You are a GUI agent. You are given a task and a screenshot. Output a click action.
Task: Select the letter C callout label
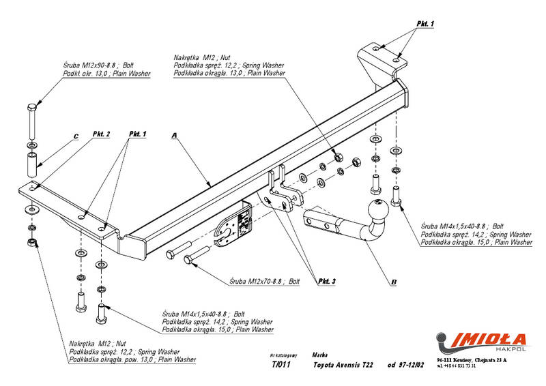point(76,136)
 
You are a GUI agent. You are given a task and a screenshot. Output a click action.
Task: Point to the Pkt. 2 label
point(101,134)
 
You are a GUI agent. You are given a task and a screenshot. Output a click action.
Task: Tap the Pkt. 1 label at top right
point(425,24)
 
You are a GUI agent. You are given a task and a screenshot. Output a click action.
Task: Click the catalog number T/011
point(280,364)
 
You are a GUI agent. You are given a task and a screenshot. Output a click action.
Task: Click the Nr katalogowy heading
point(283,355)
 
